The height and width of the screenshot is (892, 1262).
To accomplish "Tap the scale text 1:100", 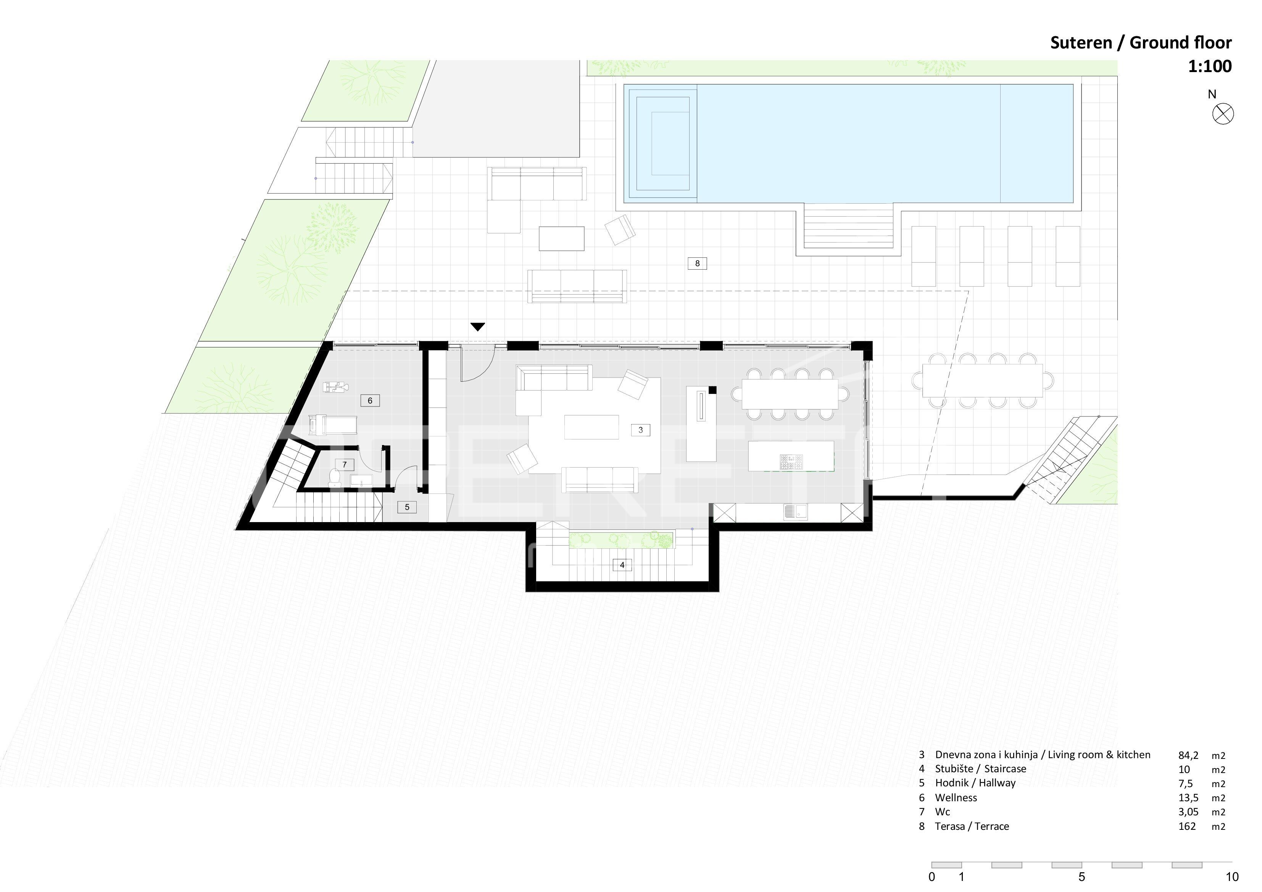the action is coord(1210,66).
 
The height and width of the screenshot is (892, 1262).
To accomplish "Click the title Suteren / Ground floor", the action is coord(1141,42).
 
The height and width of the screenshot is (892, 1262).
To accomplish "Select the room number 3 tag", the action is coord(640,430).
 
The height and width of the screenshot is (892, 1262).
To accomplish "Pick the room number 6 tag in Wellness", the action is coord(370,400).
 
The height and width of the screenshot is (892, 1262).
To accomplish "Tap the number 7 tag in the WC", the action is coord(345,464).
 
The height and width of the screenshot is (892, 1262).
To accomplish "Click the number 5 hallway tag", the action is coord(407,507).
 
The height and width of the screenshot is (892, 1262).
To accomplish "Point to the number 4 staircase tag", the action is coord(622,565).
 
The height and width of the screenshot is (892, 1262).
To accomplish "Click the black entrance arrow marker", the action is coord(478,327).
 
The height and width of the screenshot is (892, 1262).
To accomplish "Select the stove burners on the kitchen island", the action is coord(791,462).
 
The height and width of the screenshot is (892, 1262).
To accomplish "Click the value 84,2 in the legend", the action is coord(1188,755).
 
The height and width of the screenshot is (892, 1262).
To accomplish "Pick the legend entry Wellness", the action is coord(956,797).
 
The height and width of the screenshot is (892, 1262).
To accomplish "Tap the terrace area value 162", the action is coord(1187,826).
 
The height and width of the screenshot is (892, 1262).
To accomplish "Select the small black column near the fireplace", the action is coord(712,390).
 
